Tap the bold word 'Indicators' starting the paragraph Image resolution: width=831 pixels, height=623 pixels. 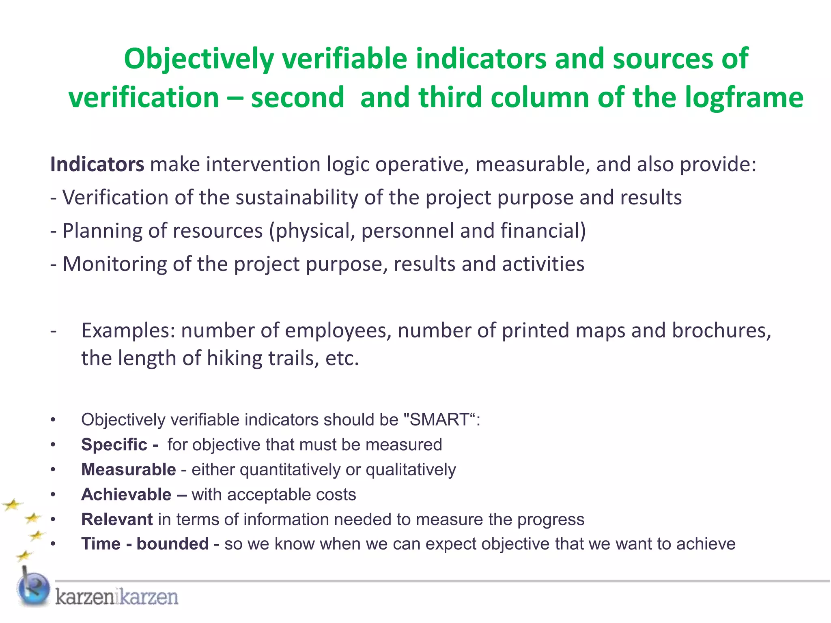(97, 164)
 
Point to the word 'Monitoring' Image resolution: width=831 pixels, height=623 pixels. (115, 264)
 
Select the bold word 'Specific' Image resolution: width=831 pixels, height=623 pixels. (114, 445)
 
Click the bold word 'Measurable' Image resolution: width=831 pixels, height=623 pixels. (129, 470)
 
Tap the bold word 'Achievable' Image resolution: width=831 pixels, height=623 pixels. (126, 495)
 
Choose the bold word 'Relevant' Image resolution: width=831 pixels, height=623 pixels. (117, 520)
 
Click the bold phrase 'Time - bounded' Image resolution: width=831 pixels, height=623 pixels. (145, 544)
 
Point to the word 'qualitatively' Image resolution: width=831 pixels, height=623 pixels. (411, 470)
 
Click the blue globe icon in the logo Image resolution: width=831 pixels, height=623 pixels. (33, 589)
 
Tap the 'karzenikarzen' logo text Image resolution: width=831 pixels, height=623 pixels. (116, 597)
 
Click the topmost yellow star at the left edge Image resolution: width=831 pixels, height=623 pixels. (12, 505)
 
